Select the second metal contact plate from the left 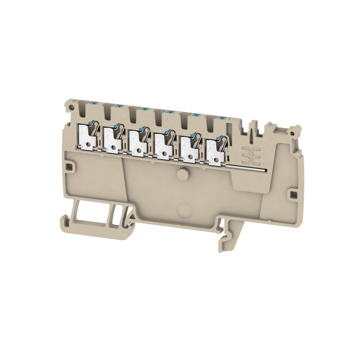112,141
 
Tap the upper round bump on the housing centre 183,174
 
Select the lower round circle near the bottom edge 184,209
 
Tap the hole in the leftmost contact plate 90,145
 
